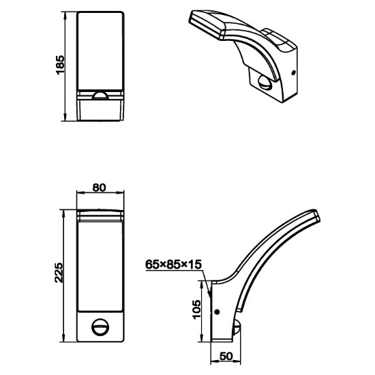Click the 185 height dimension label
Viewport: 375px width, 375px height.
click(60, 65)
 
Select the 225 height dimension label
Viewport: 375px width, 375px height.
click(59, 273)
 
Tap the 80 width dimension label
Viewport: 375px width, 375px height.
click(99, 187)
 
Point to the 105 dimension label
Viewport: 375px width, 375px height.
click(197, 310)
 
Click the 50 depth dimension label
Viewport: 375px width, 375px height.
click(226, 356)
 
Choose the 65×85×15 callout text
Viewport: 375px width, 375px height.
click(174, 265)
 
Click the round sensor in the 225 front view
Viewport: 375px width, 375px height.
click(100, 327)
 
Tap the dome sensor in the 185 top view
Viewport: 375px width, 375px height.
click(100, 95)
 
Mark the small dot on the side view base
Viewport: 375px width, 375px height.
click(217, 312)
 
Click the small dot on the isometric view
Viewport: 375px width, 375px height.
click(293, 73)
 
